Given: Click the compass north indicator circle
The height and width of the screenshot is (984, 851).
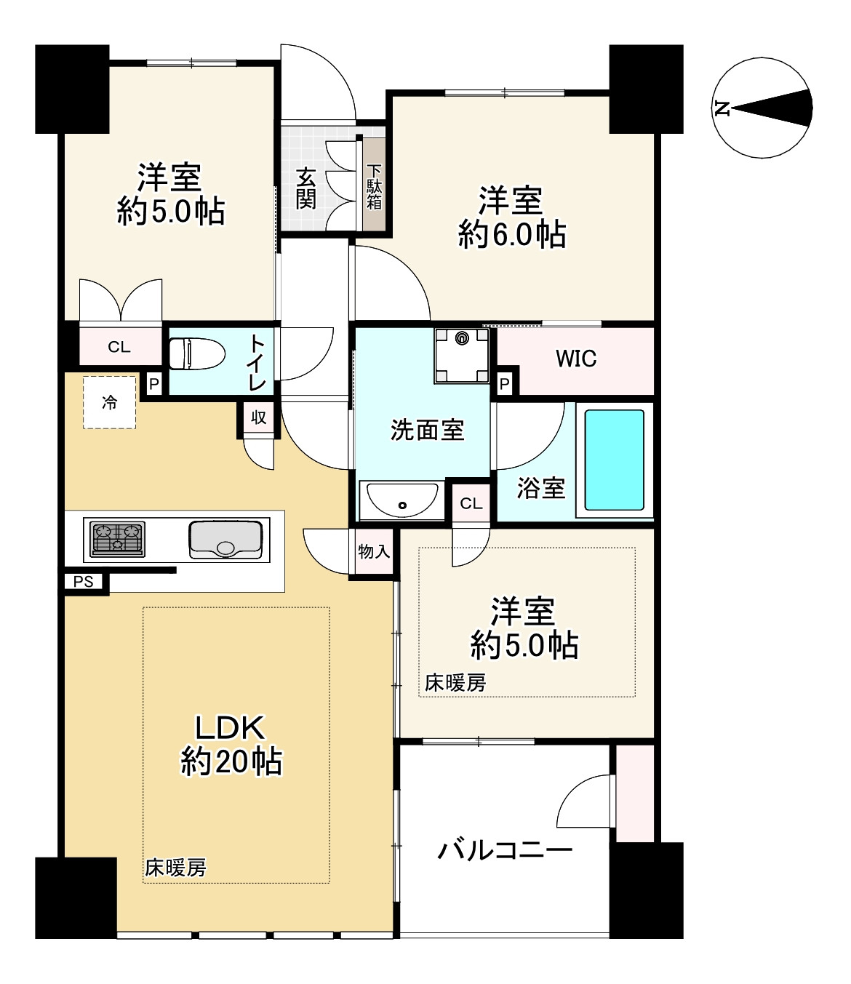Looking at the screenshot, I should [762, 108].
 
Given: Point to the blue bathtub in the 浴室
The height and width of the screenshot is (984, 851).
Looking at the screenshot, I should [615, 460].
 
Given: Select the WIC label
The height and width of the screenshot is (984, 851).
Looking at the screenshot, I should [575, 359].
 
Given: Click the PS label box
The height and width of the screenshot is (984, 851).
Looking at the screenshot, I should [84, 582].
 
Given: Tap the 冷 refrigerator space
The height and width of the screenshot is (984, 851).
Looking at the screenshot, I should [109, 402].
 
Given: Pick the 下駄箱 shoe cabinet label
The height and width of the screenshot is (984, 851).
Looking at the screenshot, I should [374, 186].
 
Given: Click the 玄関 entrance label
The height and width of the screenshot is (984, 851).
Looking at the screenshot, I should [306, 188].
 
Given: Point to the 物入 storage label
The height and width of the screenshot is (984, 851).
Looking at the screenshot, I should [374, 552].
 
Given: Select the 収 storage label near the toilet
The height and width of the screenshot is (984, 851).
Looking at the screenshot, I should [258, 417].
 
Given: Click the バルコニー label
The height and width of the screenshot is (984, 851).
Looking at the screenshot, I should [505, 849].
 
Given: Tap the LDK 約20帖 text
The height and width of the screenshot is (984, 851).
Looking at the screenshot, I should [231, 745].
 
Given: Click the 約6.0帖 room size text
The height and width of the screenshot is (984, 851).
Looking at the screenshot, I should [512, 235].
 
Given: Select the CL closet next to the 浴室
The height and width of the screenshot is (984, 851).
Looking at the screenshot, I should [471, 503].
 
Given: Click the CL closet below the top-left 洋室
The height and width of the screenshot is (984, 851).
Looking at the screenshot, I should [119, 347].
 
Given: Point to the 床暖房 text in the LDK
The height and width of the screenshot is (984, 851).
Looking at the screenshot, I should [175, 868].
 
